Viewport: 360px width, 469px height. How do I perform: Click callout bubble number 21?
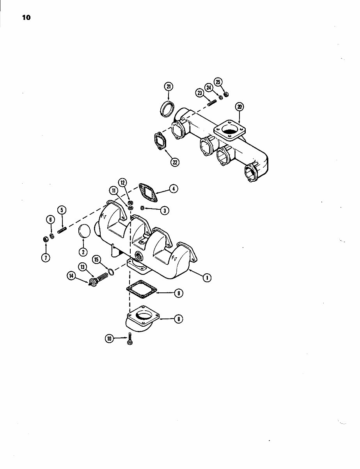click(x=168, y=87)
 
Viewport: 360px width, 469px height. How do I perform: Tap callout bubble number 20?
click(x=239, y=107)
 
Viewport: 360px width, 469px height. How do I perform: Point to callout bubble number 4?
click(x=174, y=189)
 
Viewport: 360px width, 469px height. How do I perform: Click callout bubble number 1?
click(x=207, y=277)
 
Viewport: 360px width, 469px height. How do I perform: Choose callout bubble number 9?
click(x=179, y=294)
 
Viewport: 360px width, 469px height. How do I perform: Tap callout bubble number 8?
click(x=178, y=319)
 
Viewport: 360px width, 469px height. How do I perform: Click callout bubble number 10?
click(x=110, y=339)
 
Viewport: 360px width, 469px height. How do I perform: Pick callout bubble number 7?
click(x=46, y=257)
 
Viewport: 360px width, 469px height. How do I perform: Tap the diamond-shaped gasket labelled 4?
click(x=147, y=193)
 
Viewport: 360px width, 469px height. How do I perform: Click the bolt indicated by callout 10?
click(x=130, y=339)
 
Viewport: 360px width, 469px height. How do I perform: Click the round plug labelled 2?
click(x=84, y=231)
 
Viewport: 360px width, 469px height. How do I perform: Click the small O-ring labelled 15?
click(x=111, y=272)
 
